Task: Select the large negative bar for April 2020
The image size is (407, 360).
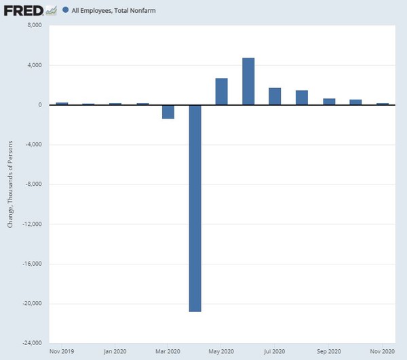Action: coord(195,207)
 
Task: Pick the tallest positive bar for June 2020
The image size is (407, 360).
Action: coord(248,81)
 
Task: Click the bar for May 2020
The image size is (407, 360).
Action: coord(221,92)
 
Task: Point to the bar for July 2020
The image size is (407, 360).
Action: coord(275,96)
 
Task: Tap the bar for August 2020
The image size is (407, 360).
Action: coord(302,98)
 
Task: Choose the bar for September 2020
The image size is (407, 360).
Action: coord(329,102)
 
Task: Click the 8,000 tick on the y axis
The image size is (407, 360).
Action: coord(34,26)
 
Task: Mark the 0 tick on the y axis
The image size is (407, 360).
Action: coord(40,105)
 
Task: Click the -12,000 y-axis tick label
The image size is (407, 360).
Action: coord(31,224)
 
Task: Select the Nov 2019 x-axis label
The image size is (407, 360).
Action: coord(62,352)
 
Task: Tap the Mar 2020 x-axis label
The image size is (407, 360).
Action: coord(168,352)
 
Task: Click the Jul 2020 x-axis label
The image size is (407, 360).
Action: coord(275,352)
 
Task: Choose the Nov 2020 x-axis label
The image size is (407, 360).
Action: coord(382,352)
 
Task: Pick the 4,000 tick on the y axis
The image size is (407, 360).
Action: coord(34,65)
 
